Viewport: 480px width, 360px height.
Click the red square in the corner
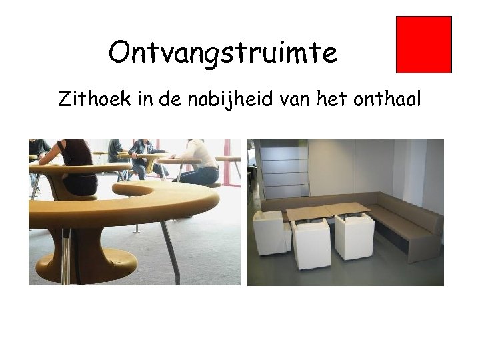424,44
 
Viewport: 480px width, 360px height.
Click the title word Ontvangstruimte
223,53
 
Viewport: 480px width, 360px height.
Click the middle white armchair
311,243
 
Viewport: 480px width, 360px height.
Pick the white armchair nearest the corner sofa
354,237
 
